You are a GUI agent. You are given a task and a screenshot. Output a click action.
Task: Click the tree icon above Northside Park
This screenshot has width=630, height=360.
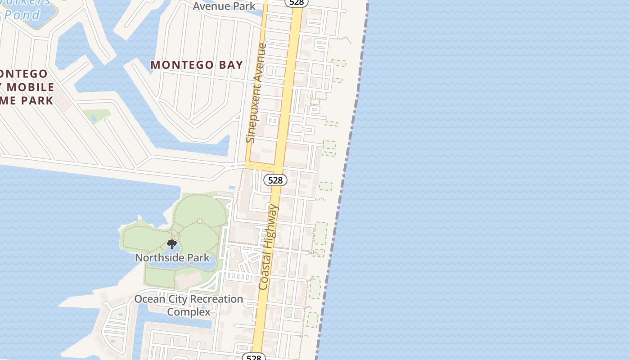coord(171,244)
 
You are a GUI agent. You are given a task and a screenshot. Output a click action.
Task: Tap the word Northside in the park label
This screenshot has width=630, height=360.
coord(159,258)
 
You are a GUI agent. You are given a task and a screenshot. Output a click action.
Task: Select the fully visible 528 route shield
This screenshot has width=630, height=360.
coord(275,180)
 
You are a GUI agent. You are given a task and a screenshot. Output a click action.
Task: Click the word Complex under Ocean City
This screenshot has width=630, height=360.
coord(189,312)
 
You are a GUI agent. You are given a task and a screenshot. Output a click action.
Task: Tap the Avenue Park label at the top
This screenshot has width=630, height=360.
coord(224,6)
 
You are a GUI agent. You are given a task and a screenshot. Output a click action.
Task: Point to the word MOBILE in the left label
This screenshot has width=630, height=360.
coord(31,87)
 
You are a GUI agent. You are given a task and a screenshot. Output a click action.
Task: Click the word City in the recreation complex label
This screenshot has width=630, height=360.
coord(177,299)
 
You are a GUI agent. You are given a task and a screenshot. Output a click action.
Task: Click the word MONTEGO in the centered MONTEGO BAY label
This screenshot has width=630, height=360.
coord(180,65)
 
